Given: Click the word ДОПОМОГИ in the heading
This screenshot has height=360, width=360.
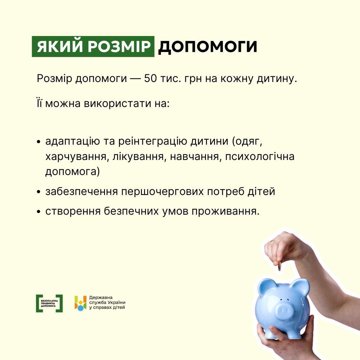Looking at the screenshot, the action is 208,47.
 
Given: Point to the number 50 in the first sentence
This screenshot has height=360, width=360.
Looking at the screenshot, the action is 150,79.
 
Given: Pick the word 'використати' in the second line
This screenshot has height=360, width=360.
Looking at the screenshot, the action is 117,104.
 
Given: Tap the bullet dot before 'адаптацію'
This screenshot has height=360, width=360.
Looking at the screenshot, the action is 39,142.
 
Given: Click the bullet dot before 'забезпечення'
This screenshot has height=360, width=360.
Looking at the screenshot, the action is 39,192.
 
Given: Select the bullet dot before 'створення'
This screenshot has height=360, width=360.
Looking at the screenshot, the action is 39,211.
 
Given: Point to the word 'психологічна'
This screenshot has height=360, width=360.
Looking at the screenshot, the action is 260,157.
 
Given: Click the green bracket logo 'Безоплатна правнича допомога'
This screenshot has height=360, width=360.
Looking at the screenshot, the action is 49,303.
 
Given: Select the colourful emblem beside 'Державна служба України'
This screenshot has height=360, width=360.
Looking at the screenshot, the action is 80,303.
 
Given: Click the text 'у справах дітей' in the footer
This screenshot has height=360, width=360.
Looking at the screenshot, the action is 107,308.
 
